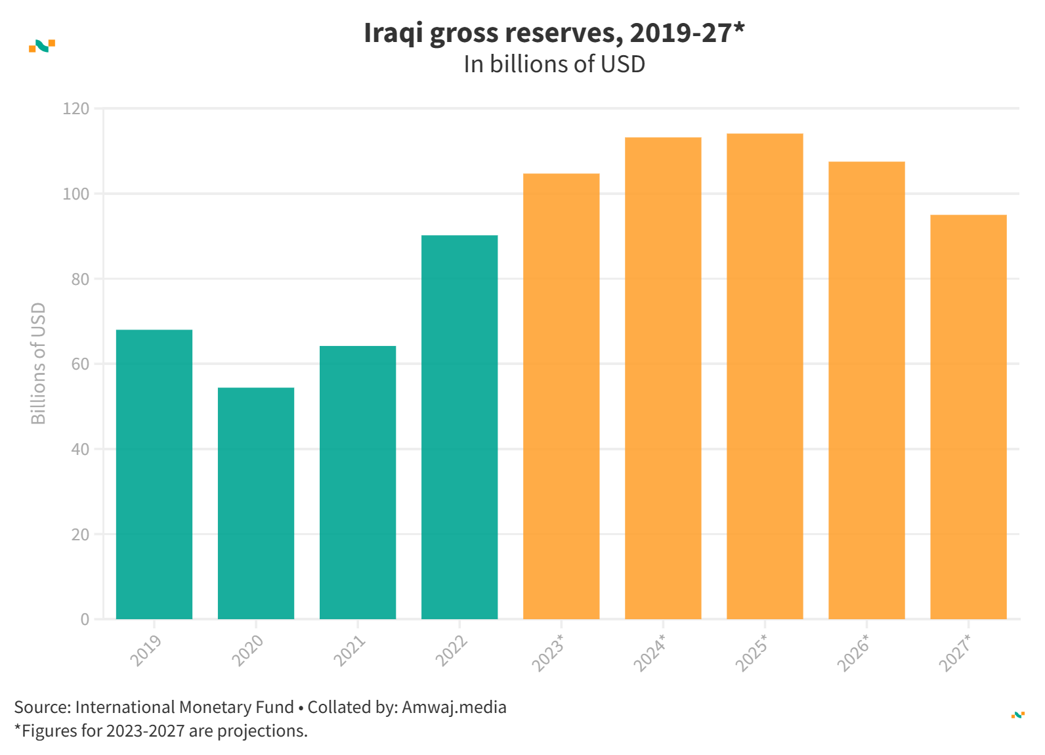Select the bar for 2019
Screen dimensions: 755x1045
click(x=154, y=474)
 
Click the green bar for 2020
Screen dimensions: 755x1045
click(x=256, y=503)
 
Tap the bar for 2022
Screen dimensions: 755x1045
click(x=459, y=427)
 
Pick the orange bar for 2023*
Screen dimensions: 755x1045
click(x=561, y=396)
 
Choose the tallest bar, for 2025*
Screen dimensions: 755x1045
click(x=765, y=376)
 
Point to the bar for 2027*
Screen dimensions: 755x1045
click(x=968, y=417)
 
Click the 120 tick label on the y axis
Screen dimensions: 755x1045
click(x=76, y=109)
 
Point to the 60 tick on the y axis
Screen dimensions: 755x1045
click(x=80, y=364)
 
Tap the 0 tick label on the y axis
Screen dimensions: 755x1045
click(x=85, y=619)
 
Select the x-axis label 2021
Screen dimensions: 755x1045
click(x=349, y=651)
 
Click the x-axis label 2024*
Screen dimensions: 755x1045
click(x=649, y=653)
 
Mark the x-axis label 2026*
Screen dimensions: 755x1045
click(x=853, y=653)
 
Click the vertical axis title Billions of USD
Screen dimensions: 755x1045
click(x=39, y=363)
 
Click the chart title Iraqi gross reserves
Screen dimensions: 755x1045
click(x=554, y=33)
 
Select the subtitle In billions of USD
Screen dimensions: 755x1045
click(x=554, y=64)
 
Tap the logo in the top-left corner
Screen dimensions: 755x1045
click(x=42, y=46)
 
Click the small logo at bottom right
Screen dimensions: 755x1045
click(x=1017, y=715)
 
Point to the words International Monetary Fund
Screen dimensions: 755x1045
click(x=184, y=707)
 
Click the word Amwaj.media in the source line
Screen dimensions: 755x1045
click(x=454, y=707)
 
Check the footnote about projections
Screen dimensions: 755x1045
click(x=161, y=731)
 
